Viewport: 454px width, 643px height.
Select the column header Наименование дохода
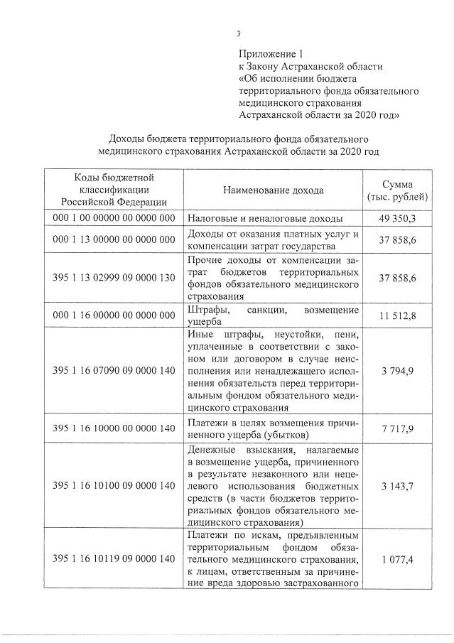[273, 190]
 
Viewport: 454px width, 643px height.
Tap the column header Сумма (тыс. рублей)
[398, 189]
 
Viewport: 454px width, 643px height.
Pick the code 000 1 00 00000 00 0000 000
[114, 218]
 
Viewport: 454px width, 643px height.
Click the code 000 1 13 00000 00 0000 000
[114, 242]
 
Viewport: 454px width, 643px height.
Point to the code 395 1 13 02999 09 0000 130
[114, 277]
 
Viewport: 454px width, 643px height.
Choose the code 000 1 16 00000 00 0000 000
[114, 315]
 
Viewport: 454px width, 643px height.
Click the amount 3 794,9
[398, 370]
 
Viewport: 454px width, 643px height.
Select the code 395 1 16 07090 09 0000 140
[114, 370]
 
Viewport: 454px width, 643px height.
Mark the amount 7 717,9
[398, 428]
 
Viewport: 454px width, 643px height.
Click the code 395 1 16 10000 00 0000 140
[114, 428]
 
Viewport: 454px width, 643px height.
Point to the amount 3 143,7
[398, 486]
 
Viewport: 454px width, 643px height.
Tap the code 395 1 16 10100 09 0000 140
[114, 486]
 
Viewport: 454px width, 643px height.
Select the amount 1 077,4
[398, 560]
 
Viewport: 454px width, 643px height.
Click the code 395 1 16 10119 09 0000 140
[114, 560]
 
